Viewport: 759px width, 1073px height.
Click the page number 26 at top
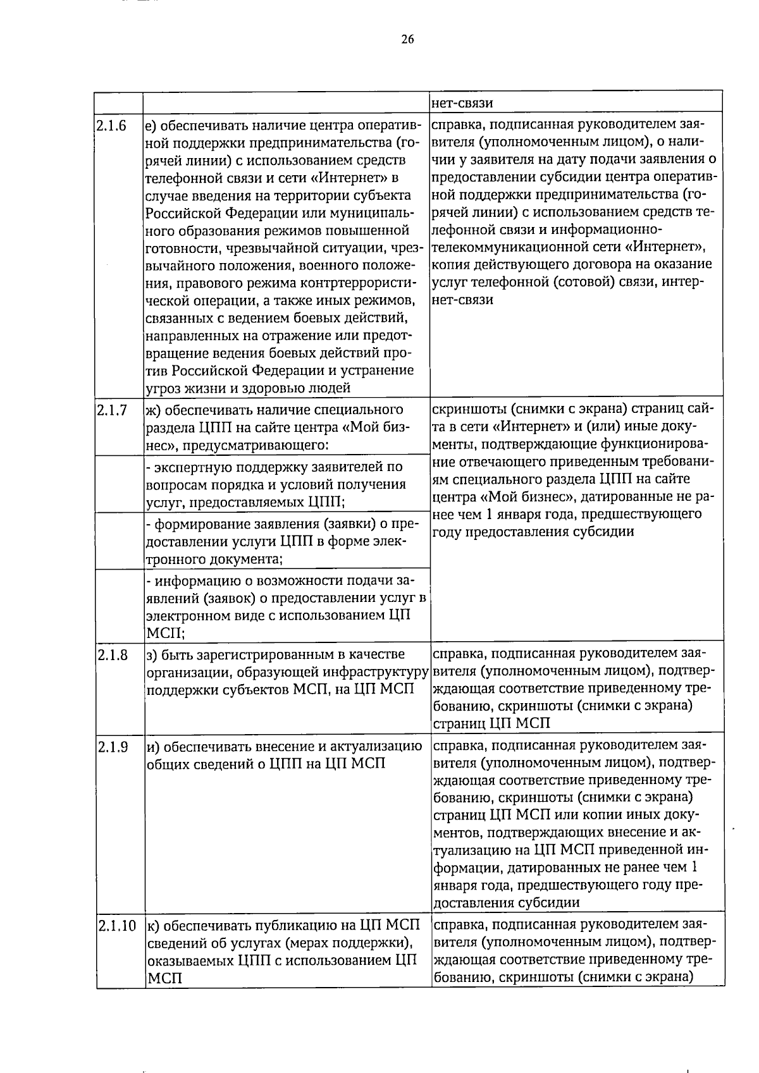point(407,39)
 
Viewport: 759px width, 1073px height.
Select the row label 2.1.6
point(112,126)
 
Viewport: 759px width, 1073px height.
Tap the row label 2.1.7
point(112,410)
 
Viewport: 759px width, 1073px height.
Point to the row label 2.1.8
point(112,654)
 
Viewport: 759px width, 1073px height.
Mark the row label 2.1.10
point(118,926)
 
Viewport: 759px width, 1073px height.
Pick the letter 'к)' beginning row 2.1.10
point(152,926)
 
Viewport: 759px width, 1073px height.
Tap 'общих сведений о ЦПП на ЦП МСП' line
point(266,764)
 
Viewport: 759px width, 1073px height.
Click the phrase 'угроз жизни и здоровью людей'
point(249,388)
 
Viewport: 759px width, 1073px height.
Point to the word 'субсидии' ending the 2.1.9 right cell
point(553,902)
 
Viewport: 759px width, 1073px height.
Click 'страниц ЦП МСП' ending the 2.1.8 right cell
point(491,723)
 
